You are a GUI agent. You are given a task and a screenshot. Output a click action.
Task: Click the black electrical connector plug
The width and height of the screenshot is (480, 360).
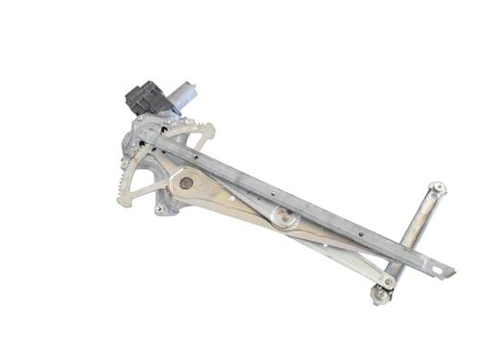point(141,97)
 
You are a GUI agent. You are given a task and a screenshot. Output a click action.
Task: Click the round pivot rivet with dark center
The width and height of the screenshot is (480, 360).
point(186,182)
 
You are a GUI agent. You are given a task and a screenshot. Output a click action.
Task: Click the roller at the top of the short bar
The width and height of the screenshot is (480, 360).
point(437,188)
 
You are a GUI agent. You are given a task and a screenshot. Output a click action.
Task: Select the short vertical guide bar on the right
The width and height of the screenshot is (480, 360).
point(411,240)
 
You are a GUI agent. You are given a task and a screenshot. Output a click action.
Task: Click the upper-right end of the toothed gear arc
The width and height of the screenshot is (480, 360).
point(209,129)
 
